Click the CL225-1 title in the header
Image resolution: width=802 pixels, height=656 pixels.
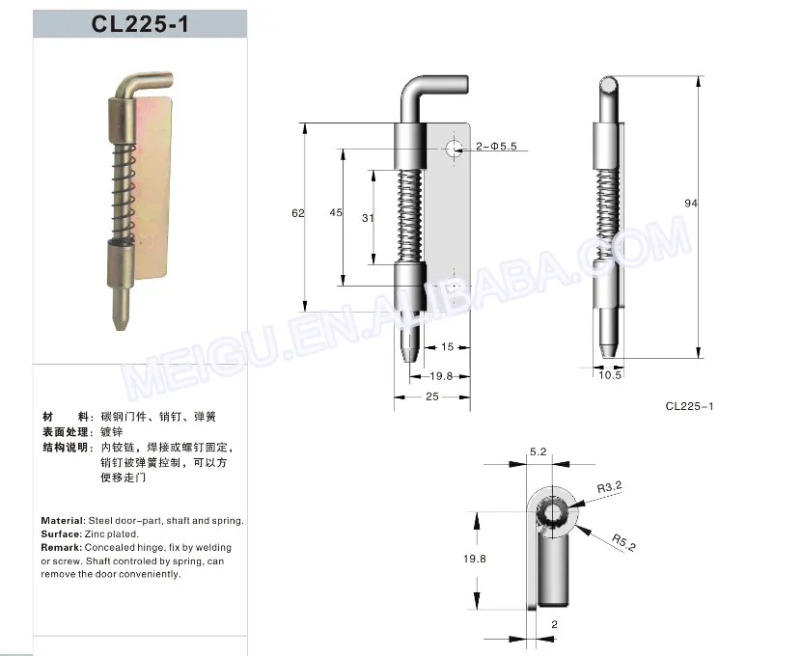tap(140, 24)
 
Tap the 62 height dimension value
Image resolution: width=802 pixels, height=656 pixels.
tap(298, 212)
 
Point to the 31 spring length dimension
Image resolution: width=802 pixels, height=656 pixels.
tap(368, 218)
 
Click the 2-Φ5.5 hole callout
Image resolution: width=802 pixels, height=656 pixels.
tap(496, 146)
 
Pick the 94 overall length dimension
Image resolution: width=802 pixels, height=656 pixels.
tap(690, 204)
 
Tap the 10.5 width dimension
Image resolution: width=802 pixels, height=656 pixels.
tap(610, 375)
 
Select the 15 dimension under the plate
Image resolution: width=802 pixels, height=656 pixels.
tap(447, 346)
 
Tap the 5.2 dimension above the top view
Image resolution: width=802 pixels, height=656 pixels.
tap(539, 451)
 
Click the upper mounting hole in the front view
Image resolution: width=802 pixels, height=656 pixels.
tap(453, 147)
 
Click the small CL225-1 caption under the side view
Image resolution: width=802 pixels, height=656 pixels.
tap(689, 406)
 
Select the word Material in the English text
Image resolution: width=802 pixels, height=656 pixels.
tap(63, 520)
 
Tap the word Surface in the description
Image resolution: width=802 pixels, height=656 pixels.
tap(60, 533)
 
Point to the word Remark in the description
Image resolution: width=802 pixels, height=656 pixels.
tap(61, 547)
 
